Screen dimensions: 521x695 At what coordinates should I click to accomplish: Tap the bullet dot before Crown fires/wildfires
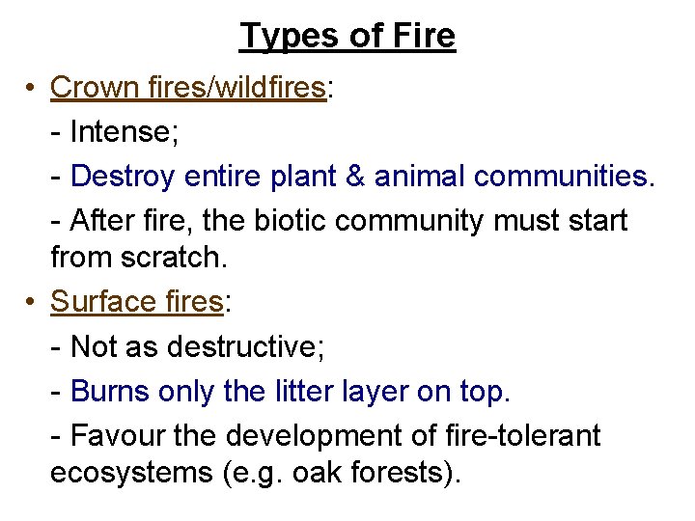32,88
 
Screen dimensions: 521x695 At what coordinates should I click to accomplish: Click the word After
102,220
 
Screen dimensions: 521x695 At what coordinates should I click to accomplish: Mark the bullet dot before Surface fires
32,302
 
